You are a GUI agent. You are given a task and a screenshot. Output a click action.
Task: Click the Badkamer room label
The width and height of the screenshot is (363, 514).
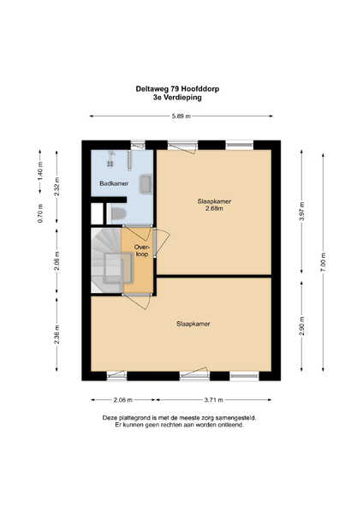tap(114, 183)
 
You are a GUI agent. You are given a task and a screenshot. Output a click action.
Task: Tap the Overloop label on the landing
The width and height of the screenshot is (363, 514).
tap(141, 250)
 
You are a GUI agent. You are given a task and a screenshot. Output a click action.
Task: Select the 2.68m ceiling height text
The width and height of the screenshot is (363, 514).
tap(214, 208)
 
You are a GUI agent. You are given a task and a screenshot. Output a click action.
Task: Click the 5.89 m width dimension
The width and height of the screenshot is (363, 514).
tap(181, 116)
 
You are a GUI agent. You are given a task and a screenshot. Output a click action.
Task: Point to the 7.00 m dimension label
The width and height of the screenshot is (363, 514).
tap(323, 262)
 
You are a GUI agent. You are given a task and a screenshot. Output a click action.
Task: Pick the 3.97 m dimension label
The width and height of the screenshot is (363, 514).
tap(301, 212)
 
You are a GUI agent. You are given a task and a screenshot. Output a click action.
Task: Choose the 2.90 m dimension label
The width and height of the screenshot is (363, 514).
tap(301, 326)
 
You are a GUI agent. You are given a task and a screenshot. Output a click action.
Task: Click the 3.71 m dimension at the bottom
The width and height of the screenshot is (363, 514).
tap(214, 400)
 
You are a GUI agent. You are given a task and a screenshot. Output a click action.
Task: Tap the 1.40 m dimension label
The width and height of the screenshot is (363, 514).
tap(40, 171)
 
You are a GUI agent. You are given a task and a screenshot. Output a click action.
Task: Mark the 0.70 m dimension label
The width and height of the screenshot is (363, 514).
tap(40, 213)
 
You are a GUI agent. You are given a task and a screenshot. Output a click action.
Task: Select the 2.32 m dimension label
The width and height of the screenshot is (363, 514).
tap(57, 187)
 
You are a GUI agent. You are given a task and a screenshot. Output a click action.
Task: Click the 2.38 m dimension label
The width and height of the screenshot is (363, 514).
tap(57, 335)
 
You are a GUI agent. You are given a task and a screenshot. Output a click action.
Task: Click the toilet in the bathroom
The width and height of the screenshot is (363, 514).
tap(117, 213)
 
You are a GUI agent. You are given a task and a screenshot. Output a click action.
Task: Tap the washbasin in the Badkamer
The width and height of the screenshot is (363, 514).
tap(146, 184)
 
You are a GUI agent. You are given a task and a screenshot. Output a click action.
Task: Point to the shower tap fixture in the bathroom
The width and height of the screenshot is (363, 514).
tap(110, 158)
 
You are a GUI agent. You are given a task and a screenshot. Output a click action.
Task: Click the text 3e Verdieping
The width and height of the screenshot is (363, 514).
tap(177, 98)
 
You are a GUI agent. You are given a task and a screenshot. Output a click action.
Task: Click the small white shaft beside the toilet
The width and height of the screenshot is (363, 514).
tap(97, 213)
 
